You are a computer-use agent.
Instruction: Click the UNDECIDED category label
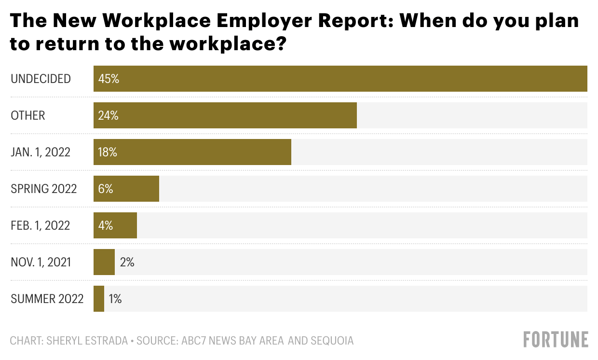coord(41,79)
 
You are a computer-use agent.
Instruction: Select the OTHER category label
coord(27,115)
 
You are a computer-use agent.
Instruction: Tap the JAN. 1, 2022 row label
coord(41,152)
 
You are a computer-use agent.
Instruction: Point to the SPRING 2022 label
coord(44,189)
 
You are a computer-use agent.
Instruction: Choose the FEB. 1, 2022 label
coord(41,225)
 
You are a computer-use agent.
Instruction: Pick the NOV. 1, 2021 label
coord(41,262)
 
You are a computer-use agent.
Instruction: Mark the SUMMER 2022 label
coord(47,299)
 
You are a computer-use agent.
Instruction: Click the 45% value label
coord(108,79)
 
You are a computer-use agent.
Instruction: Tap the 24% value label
coord(108,115)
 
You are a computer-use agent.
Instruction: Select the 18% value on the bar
coord(108,152)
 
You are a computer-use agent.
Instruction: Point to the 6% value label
coord(105,189)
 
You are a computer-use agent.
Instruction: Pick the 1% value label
coord(115,299)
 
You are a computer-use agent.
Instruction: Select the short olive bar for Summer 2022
coord(99,299)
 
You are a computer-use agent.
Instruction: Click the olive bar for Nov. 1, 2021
coord(104,262)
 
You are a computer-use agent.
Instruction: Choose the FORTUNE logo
coord(556,339)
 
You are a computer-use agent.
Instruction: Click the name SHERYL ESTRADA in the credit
coord(88,341)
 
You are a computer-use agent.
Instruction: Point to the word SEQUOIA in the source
coord(331,341)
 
